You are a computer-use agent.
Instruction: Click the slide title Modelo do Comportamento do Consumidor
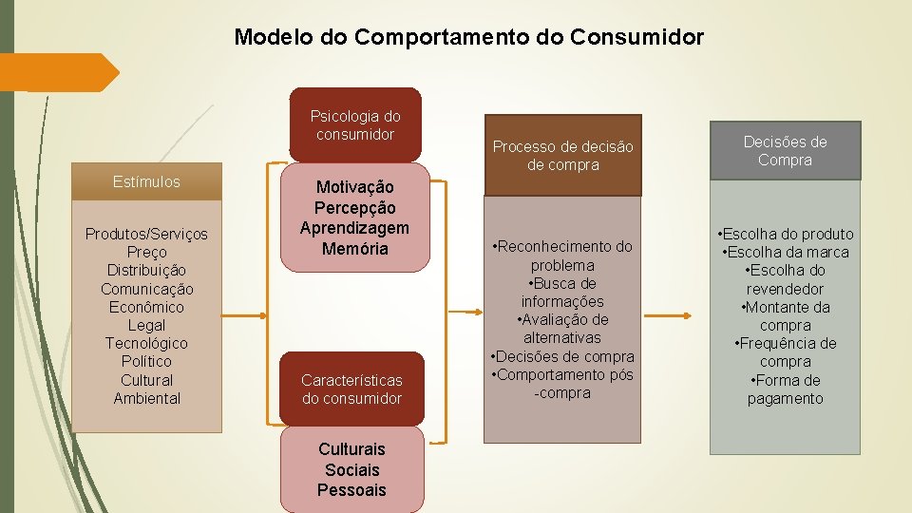(x=469, y=37)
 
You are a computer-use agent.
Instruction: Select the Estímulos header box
(x=146, y=182)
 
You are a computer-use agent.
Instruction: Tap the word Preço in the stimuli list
(x=146, y=252)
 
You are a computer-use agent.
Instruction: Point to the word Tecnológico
(x=146, y=343)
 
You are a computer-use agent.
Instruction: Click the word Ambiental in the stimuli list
(x=146, y=398)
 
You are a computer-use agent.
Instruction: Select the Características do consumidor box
(x=351, y=389)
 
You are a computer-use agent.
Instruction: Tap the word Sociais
(x=351, y=469)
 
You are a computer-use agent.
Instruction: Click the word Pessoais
(x=351, y=490)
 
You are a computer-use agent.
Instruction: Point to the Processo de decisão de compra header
(x=562, y=155)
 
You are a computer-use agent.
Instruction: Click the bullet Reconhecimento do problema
(x=562, y=256)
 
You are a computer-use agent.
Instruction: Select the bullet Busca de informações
(x=562, y=292)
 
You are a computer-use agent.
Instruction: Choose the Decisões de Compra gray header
(x=785, y=150)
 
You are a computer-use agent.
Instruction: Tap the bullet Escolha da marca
(x=786, y=252)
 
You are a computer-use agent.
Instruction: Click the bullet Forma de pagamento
(x=786, y=389)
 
